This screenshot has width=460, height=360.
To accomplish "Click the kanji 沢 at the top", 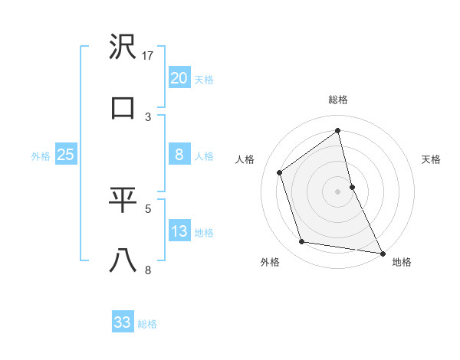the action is pos(123,47).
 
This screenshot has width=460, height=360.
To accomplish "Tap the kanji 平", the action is pos(123,200).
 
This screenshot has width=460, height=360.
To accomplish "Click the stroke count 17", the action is pos(149,55).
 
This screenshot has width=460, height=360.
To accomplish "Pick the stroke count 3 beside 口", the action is pos(148,116).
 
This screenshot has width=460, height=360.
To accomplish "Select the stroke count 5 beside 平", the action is pos(148,208).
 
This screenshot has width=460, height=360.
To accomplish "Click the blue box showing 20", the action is pos(179,77).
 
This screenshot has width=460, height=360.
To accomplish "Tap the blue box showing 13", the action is pos(179,231).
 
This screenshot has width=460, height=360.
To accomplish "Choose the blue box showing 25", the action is pos(65,155).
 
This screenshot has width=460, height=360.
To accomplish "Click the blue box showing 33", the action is pos(123,322).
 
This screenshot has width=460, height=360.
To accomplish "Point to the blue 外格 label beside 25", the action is pos(41,156).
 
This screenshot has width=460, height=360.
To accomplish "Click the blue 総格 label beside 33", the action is pos(147,324).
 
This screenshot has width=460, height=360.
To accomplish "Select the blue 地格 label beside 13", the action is pos(204,233).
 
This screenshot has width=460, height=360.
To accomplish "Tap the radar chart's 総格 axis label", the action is pos(338,100).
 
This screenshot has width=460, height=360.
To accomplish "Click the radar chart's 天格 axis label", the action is pos(432,159).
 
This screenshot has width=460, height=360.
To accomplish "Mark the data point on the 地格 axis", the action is pos(382,252).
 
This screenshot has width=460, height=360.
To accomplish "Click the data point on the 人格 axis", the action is pos(279,172).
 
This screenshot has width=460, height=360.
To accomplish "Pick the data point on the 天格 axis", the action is pos(352,186).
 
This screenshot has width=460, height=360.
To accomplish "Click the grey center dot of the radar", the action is pos(338,191).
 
